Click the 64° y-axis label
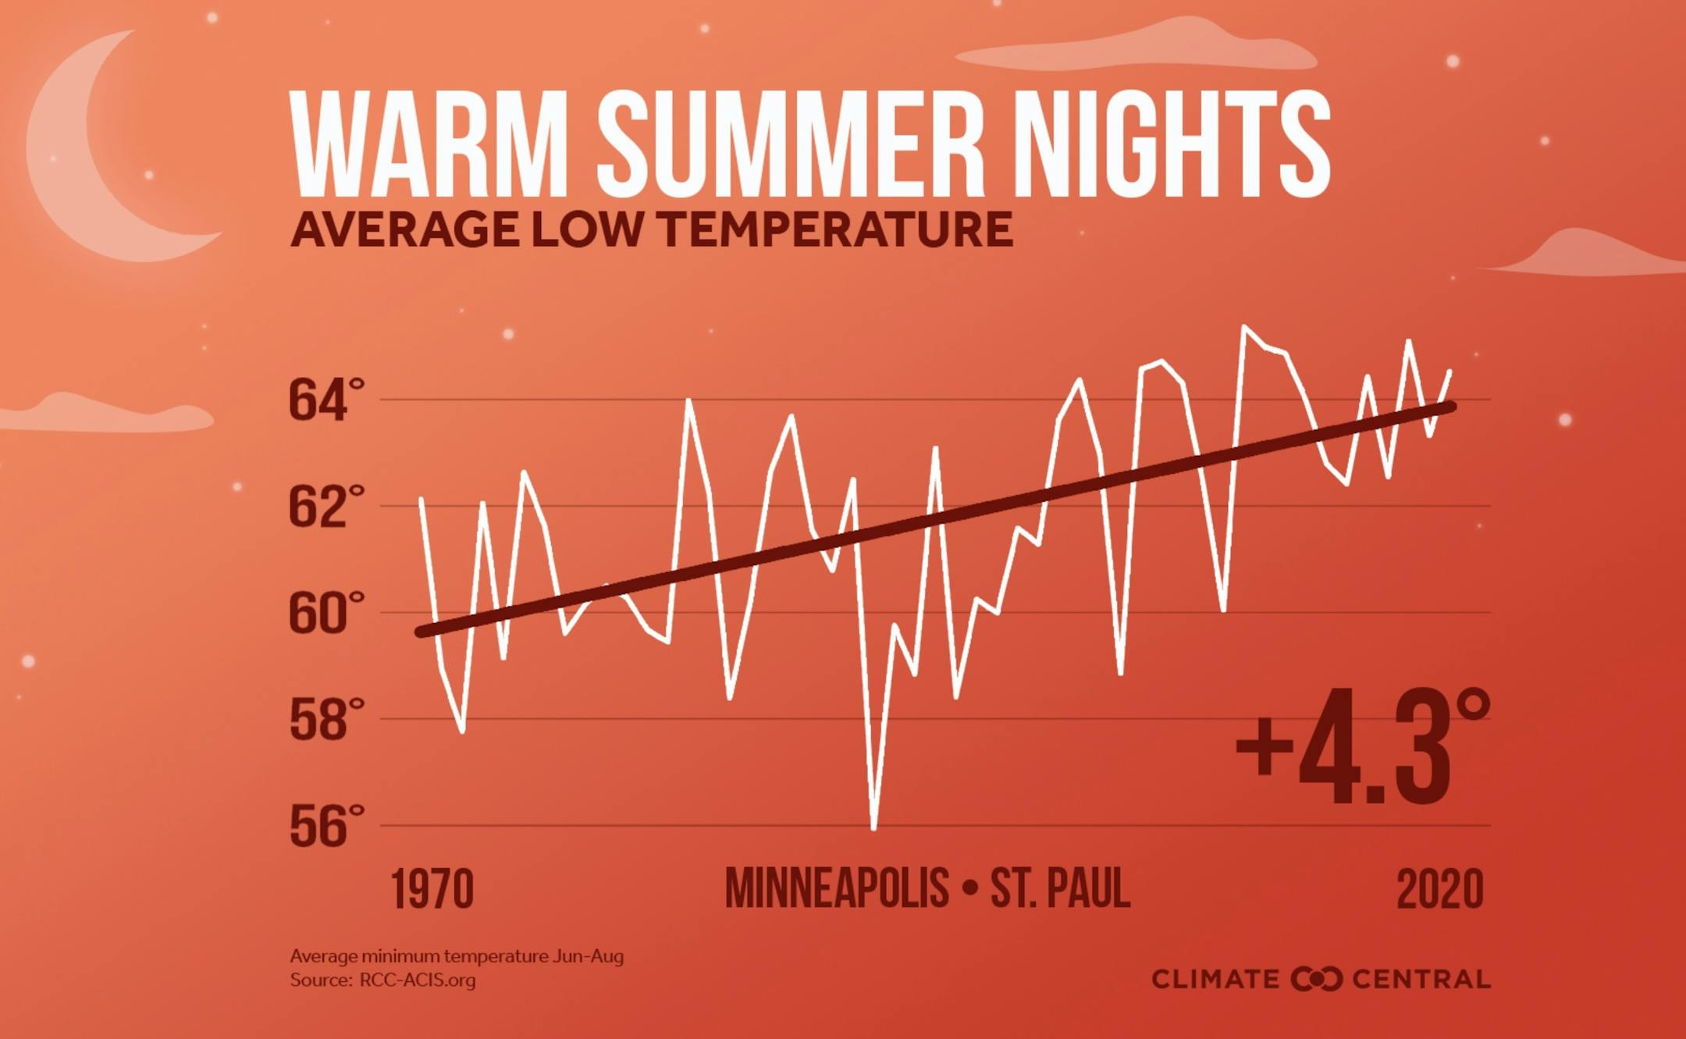[x=326, y=400]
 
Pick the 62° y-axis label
[x=326, y=507]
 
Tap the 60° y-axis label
[x=326, y=613]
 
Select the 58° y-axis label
[x=326, y=719]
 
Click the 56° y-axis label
[x=326, y=826]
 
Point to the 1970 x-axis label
[x=432, y=889]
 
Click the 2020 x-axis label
[x=1439, y=889]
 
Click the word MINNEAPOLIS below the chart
[x=837, y=888]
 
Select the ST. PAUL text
[x=1060, y=888]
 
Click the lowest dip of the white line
[x=873, y=828]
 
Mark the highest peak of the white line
[x=1244, y=326]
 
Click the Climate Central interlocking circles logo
[x=1316, y=979]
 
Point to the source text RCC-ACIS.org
[x=417, y=980]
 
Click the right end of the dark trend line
[x=1450, y=407]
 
